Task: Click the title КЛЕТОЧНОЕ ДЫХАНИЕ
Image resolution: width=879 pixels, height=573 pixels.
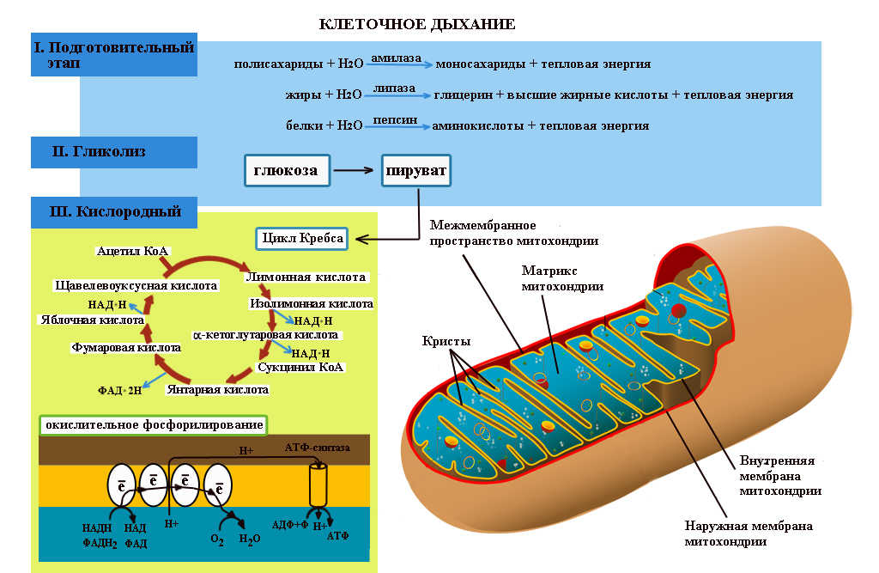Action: (x=417, y=24)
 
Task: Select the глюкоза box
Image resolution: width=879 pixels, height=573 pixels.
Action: (x=286, y=170)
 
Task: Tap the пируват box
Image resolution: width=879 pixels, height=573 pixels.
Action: (x=416, y=170)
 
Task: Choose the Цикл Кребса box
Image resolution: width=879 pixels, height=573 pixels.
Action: (x=302, y=238)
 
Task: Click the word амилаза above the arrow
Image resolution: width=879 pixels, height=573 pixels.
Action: (x=397, y=57)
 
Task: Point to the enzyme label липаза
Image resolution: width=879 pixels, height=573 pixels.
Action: (x=394, y=88)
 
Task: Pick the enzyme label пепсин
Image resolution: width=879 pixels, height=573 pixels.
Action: (x=395, y=119)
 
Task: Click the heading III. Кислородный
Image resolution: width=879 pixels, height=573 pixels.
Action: (x=106, y=210)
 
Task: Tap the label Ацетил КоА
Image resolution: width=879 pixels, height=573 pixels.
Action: (x=133, y=250)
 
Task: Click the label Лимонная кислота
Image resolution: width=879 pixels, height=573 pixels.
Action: (x=306, y=277)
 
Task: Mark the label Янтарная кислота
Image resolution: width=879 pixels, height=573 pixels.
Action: (x=217, y=389)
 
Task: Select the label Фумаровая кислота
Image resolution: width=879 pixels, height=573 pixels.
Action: (x=125, y=348)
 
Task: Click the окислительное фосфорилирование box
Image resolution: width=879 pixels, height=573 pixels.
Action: (x=154, y=425)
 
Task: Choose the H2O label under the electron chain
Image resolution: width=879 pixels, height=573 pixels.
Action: (x=250, y=539)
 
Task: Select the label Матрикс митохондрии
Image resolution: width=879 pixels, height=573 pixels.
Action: (x=561, y=277)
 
